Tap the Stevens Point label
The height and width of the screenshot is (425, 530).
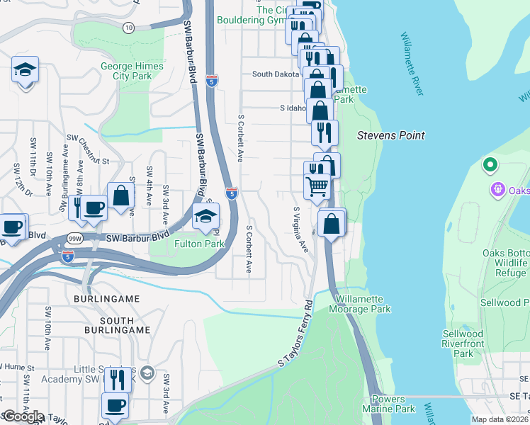coord(390,135)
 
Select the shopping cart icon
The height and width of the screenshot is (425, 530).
coord(317,186)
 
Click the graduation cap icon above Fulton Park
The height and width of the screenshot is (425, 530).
coord(205,216)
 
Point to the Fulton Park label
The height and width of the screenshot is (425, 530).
coord(200,244)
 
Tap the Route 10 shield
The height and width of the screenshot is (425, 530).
coord(128,27)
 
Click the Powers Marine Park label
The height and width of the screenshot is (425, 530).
coord(388,404)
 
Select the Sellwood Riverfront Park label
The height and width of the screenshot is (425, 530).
coord(463,344)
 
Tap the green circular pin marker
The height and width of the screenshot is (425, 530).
coord(489,166)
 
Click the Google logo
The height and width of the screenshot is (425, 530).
coord(23,416)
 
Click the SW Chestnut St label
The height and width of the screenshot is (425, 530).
coord(89,150)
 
